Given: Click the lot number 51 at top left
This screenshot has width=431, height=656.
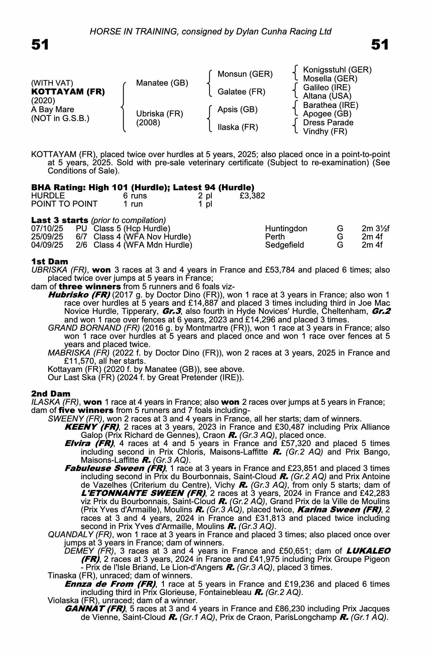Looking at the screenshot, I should pyautogui.click(x=40, y=45).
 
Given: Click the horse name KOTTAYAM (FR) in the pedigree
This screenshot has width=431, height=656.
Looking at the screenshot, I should pyautogui.click(x=68, y=92).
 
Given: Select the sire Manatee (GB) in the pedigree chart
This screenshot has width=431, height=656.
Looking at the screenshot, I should pyautogui.click(x=162, y=83).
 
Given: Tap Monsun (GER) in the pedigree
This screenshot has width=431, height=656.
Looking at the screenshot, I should pyautogui.click(x=245, y=74).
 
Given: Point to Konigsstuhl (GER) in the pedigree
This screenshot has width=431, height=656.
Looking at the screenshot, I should pyautogui.click(x=337, y=70).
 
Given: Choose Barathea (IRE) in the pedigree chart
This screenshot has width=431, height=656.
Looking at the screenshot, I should pyautogui.click(x=330, y=105).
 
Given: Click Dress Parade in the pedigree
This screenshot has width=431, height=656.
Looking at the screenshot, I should pyautogui.click(x=328, y=123).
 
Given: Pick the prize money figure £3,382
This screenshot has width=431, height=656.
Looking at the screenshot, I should pyautogui.click(x=252, y=196).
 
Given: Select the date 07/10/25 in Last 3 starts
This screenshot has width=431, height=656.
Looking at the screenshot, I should pyautogui.click(x=47, y=229).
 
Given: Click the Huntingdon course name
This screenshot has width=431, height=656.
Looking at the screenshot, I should pyautogui.click(x=286, y=229).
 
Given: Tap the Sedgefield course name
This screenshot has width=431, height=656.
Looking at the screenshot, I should pyautogui.click(x=284, y=245).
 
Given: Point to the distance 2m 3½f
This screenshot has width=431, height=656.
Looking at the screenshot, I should pyautogui.click(x=375, y=229).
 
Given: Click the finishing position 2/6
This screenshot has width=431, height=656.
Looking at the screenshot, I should pyautogui.click(x=81, y=245).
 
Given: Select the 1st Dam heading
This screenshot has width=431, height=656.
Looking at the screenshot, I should pyautogui.click(x=49, y=261).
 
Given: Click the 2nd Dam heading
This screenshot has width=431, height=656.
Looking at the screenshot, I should pyautogui.click(x=50, y=394).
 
